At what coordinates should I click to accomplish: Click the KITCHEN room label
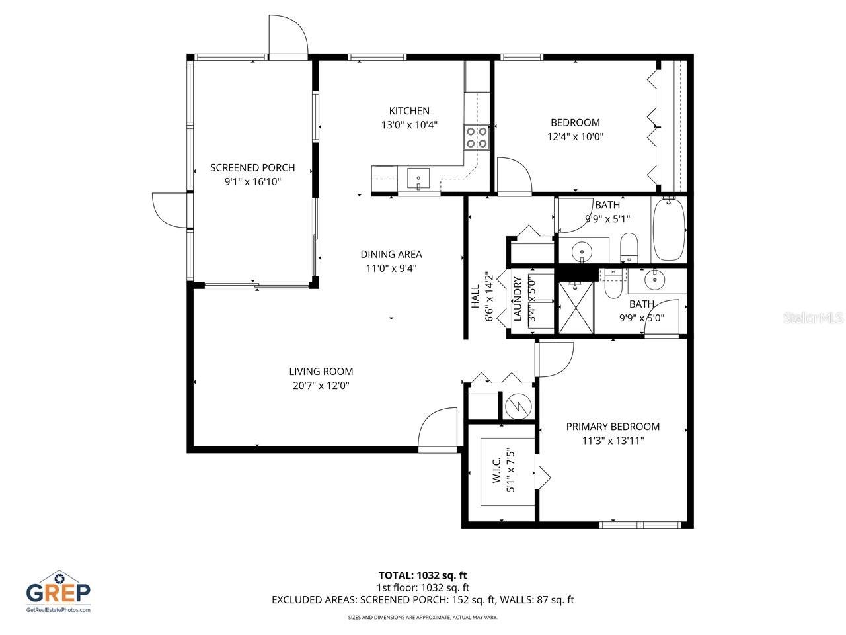tap(409, 111)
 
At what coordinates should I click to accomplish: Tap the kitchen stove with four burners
tap(477, 136)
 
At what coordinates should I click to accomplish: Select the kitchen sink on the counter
tap(418, 179)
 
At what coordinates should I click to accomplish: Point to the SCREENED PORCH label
tap(252, 167)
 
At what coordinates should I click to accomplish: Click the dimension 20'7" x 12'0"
tap(321, 386)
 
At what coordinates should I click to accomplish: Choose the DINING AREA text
tap(391, 254)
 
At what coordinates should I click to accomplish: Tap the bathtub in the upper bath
tap(669, 230)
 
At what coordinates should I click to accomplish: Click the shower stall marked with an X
tap(576, 307)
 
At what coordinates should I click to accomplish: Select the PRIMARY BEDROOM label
tap(613, 427)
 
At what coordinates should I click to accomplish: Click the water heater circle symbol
tap(518, 405)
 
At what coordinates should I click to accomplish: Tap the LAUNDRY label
tap(518, 299)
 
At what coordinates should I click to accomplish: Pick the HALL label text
tap(475, 302)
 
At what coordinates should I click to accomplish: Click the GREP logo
tap(58, 591)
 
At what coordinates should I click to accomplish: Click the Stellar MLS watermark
tap(812, 318)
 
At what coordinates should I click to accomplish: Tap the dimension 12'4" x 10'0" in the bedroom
tap(575, 137)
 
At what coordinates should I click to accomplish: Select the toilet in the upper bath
tap(629, 246)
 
